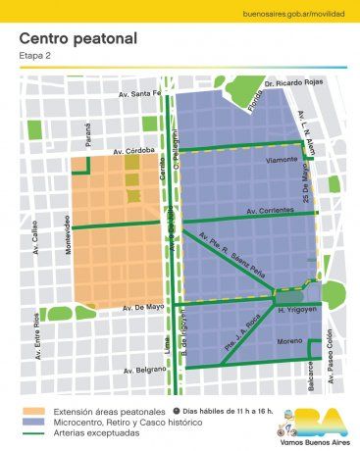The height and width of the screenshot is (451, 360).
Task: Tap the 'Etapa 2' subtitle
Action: (x=35, y=56)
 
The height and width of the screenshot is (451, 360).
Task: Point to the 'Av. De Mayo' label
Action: (x=143, y=308)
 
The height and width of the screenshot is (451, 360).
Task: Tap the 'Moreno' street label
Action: (x=288, y=343)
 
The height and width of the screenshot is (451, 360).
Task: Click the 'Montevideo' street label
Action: (x=69, y=235)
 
